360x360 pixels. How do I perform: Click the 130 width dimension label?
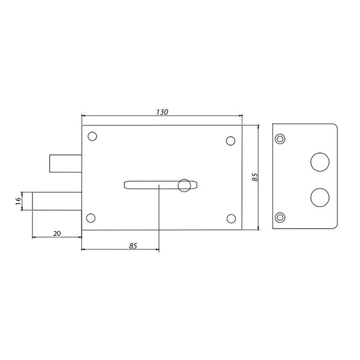point(162,112)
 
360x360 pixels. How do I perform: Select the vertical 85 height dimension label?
point(255,177)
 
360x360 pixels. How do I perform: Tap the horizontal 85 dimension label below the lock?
point(133,246)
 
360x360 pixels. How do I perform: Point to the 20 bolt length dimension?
point(57,233)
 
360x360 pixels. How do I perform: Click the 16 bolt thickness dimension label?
point(18,201)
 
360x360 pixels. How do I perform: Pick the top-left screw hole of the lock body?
point(92,136)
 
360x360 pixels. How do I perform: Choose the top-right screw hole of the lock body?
point(230,141)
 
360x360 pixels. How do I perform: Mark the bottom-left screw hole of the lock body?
point(91,218)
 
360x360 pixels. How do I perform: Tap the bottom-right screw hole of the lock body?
point(231,218)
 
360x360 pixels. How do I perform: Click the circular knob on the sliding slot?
point(184,185)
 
